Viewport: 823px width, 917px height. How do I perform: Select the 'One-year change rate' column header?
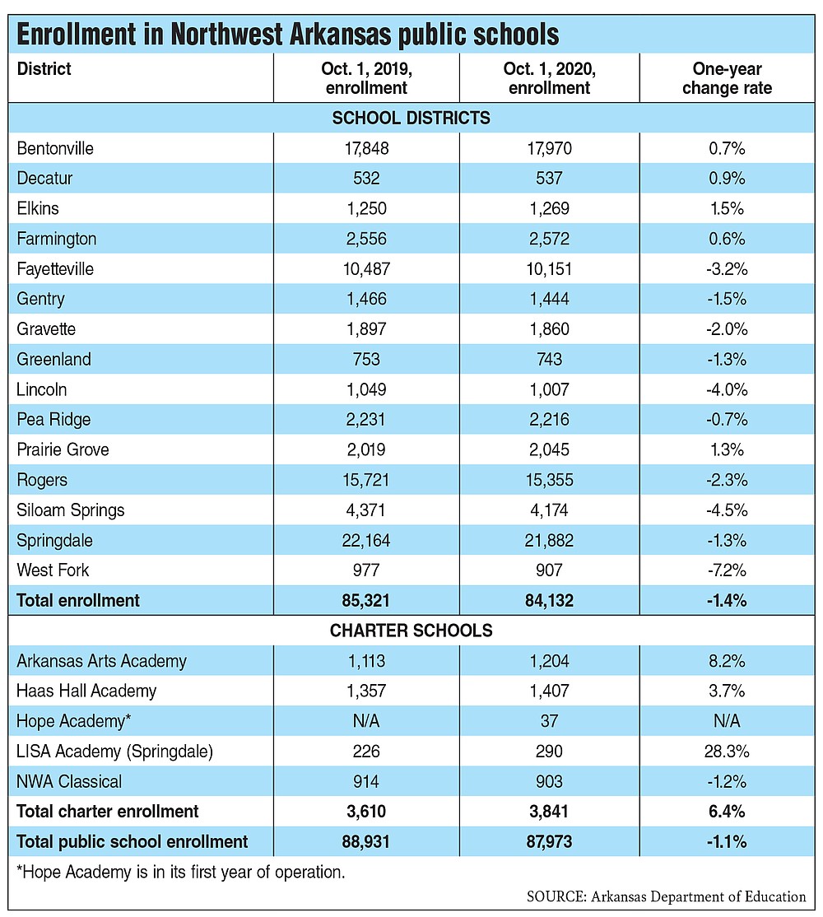pyautogui.click(x=727, y=78)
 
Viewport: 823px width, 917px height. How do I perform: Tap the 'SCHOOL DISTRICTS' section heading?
pyautogui.click(x=411, y=119)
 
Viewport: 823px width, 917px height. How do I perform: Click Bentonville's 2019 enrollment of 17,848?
pyautogui.click(x=366, y=148)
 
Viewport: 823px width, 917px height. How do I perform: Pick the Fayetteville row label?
pyautogui.click(x=55, y=269)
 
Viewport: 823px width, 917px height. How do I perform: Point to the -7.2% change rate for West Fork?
pyautogui.click(x=727, y=570)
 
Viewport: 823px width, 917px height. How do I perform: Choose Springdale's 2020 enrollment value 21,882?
pyautogui.click(x=549, y=540)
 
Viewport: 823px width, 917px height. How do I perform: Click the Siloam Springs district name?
pyautogui.click(x=70, y=510)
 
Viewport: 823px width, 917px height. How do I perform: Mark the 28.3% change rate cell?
pyautogui.click(x=727, y=752)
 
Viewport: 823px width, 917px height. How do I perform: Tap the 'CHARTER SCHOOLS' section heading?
pyautogui.click(x=411, y=631)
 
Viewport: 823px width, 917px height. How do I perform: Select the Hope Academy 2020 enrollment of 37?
pyautogui.click(x=549, y=721)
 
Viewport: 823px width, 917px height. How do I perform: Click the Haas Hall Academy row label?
pyautogui.click(x=86, y=691)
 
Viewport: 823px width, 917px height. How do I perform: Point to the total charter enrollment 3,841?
pyautogui.click(x=549, y=812)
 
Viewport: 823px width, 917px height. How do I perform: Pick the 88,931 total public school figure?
pyautogui.click(x=366, y=842)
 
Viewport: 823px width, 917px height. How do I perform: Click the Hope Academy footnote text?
pyautogui.click(x=181, y=873)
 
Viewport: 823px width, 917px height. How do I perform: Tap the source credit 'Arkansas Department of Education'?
pyautogui.click(x=699, y=897)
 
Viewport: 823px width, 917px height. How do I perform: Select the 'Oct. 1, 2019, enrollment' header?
pyautogui.click(x=366, y=78)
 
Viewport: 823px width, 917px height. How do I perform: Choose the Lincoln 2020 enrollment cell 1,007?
pyautogui.click(x=549, y=389)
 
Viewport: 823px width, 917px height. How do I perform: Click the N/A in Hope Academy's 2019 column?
pyautogui.click(x=366, y=721)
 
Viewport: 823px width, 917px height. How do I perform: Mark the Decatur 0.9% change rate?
pyautogui.click(x=727, y=179)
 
